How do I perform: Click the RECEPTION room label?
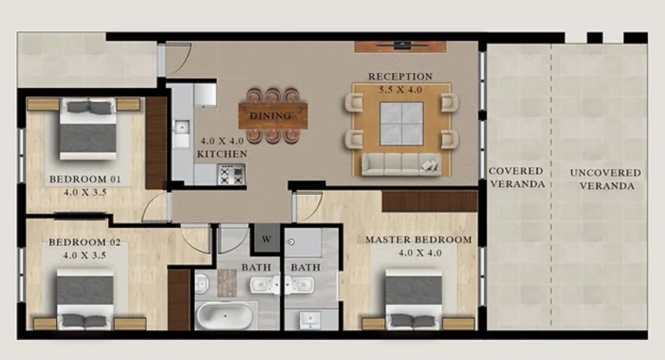[x=400, y=76]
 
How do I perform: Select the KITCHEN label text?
[x=222, y=154]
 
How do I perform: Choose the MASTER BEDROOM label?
[x=418, y=240]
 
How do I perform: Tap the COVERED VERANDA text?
[x=516, y=177]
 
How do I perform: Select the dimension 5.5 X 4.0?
[x=400, y=89]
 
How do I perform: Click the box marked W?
[x=265, y=240]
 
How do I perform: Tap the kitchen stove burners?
[x=232, y=174]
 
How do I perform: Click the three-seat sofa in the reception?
[x=399, y=163]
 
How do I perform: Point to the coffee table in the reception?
[x=401, y=123]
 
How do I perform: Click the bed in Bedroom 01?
[x=88, y=129]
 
